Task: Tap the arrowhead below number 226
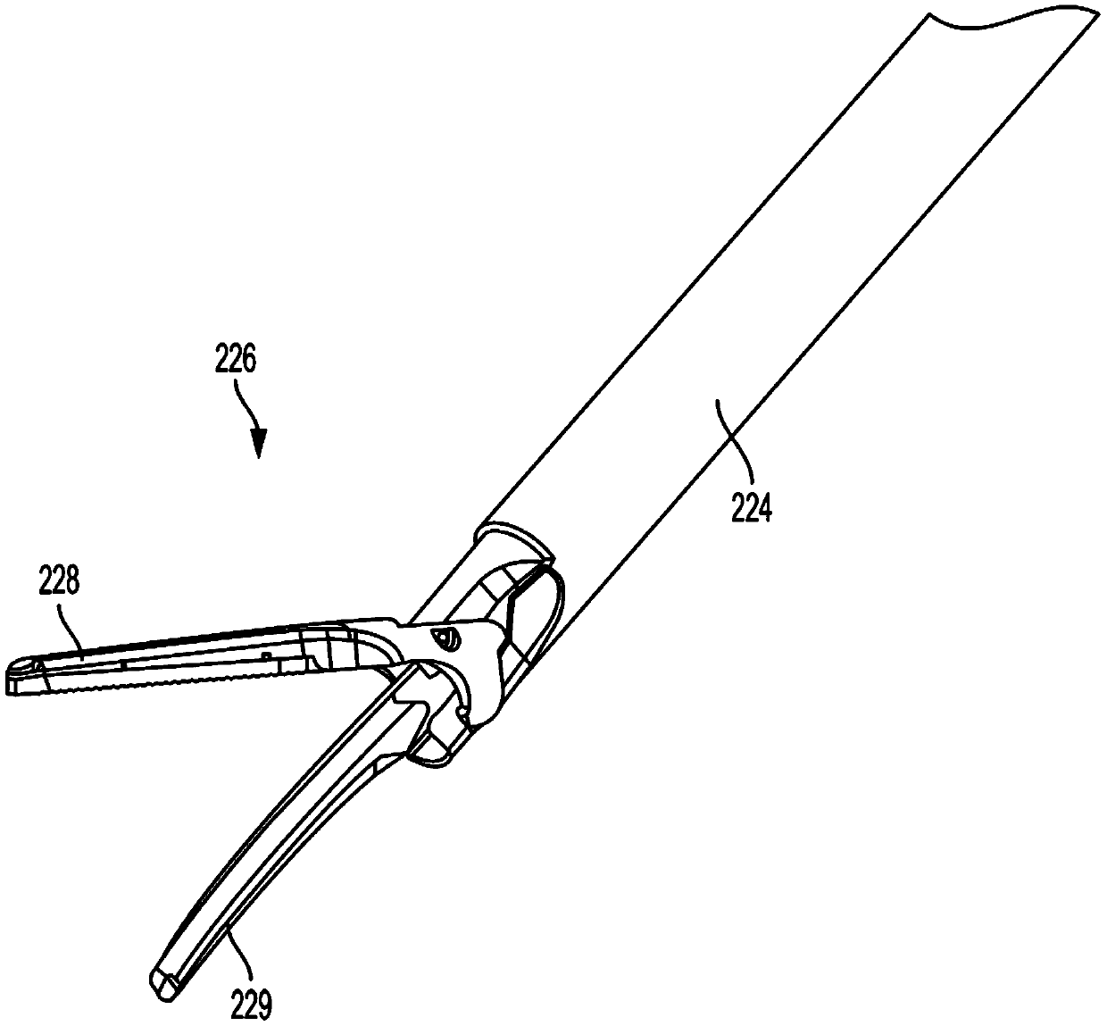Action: click(x=258, y=444)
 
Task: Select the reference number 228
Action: click(x=59, y=584)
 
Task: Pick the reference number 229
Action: click(x=252, y=1008)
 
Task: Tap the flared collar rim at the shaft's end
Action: click(x=509, y=537)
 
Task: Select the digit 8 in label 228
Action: click(x=72, y=584)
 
